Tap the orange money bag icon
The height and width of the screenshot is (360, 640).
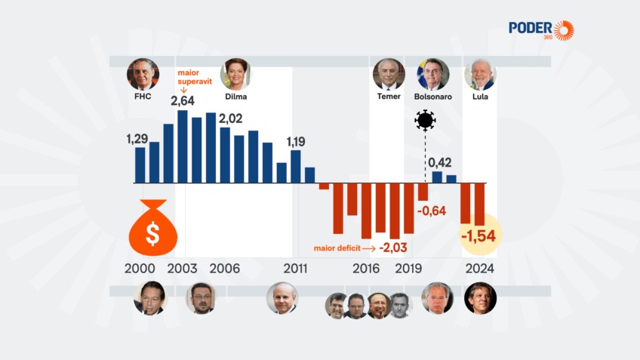[152, 229]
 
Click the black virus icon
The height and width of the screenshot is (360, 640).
[426, 120]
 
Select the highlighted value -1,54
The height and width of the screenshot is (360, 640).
[478, 236]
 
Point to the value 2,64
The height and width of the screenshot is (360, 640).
[183, 100]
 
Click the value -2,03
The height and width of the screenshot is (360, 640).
[394, 248]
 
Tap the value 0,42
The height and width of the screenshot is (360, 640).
[441, 162]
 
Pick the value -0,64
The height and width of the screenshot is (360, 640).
[431, 211]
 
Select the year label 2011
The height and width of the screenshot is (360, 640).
[295, 269]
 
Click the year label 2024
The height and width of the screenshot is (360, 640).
[480, 269]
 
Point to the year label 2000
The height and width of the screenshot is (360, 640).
[140, 269]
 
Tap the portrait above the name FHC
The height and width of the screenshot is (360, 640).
[143, 74]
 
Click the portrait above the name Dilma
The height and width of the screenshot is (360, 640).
[235, 74]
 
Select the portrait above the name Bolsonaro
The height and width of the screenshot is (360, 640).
[433, 74]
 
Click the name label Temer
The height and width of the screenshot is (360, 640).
[389, 97]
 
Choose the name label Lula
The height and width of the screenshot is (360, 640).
[479, 97]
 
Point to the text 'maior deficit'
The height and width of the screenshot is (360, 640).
[337, 248]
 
